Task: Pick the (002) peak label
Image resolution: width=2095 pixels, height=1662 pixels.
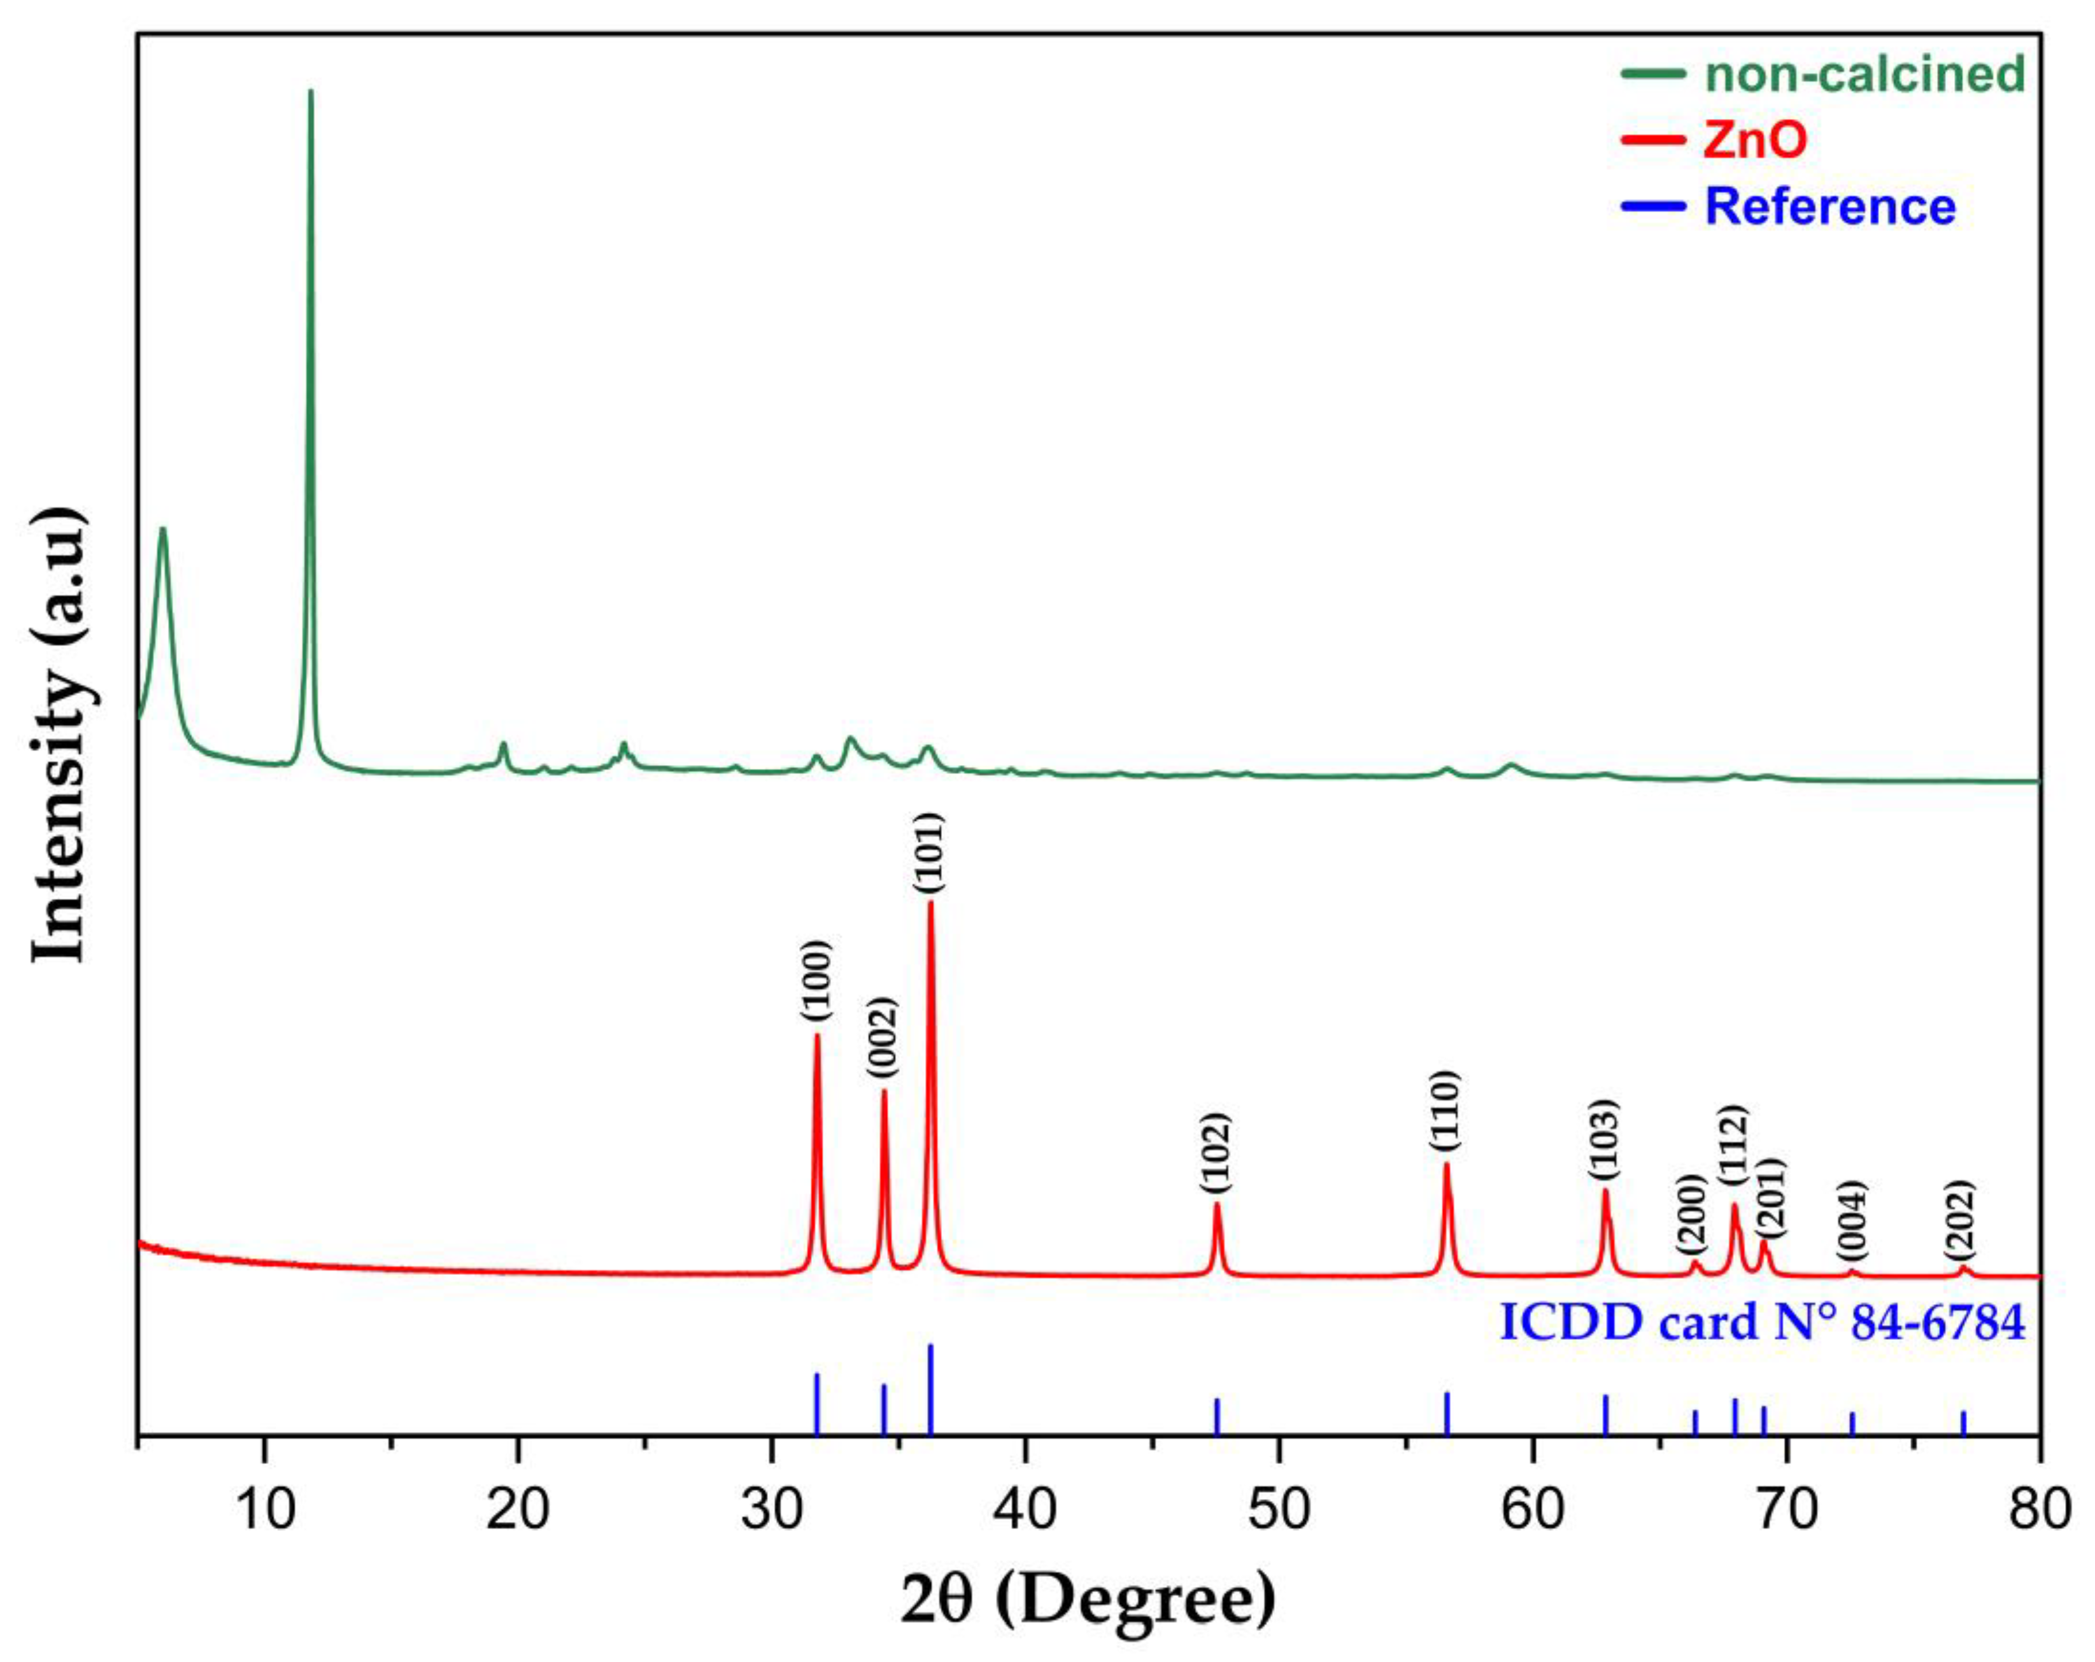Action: (883, 1038)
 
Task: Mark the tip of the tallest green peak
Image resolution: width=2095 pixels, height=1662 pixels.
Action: (310, 91)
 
